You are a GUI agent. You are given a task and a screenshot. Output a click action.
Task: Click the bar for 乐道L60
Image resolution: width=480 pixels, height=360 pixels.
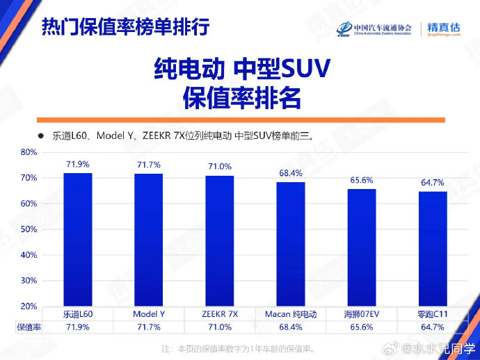pos(78,240)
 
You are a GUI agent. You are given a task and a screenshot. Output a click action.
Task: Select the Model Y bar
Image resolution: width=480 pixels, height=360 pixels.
pos(149,240)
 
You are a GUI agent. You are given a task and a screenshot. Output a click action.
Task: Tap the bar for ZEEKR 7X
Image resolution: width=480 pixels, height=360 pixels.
pos(220,240)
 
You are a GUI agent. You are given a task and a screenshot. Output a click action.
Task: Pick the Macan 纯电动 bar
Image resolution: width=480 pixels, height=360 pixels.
pos(291,244)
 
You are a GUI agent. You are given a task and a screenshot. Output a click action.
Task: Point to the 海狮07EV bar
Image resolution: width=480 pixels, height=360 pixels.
pos(362,247)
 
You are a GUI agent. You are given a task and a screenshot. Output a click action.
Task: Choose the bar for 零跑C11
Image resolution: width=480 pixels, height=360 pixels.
pos(433,249)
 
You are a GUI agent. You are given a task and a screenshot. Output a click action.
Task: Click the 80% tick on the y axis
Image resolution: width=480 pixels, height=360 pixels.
pos(29,152)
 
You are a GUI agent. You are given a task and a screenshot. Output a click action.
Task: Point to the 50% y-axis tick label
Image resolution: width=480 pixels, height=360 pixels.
pos(29,229)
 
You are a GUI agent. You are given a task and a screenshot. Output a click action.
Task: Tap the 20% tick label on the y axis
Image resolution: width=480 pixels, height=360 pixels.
pos(29,306)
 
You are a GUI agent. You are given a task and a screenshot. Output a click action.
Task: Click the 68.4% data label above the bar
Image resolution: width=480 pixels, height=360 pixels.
pos(291,174)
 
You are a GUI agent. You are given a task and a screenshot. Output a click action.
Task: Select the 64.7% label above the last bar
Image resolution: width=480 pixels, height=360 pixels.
pos(433,183)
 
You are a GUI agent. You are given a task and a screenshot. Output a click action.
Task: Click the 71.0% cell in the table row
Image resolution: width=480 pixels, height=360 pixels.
pos(220,327)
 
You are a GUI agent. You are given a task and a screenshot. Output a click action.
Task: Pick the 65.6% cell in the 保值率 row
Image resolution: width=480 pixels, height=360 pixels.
pos(362,327)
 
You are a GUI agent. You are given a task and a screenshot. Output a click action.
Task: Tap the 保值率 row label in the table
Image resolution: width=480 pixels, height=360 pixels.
pos(29,327)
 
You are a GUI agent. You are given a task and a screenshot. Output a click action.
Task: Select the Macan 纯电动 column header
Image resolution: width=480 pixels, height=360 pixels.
pos(291,314)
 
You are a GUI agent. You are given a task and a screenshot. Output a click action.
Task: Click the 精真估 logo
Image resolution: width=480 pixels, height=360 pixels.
pos(444,29)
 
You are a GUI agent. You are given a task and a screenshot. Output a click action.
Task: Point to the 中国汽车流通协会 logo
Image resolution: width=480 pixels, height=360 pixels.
pos(374,29)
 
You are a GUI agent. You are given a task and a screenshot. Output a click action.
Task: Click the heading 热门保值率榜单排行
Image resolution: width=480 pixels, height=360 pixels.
pos(126,26)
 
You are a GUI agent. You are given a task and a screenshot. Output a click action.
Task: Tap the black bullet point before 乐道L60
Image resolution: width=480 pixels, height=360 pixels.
pos(41,136)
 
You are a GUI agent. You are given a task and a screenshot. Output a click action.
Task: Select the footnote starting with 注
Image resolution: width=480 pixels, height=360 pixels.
pos(238,349)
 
